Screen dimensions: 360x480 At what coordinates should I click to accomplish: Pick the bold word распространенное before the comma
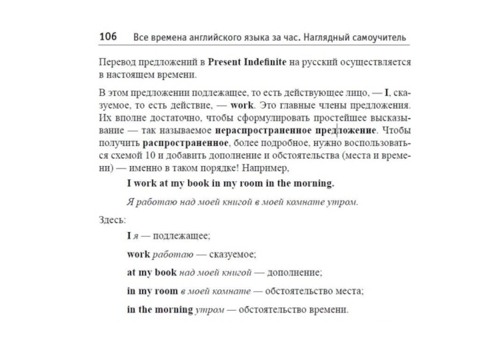[x=185, y=143]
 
